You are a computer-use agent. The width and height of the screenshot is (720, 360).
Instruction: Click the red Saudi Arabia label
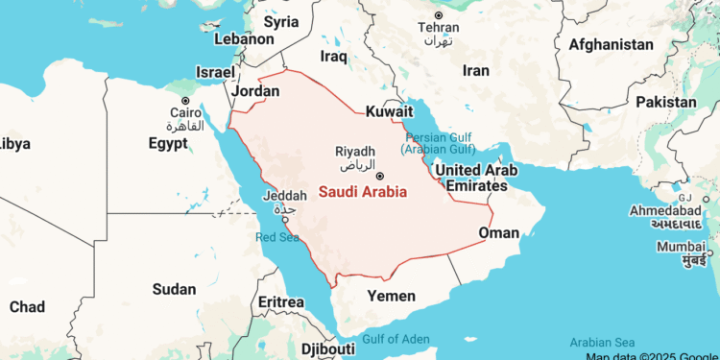[362, 192]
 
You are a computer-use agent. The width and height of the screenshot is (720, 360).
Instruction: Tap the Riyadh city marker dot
[380, 176]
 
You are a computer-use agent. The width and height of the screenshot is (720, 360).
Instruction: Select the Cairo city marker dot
[185, 101]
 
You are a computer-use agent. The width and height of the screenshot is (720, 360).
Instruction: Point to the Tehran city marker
[439, 15]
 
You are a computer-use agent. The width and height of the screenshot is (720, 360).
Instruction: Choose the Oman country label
[499, 232]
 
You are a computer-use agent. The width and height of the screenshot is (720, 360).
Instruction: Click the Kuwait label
[389, 112]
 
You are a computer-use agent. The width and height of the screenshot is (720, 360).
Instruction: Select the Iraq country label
[333, 57]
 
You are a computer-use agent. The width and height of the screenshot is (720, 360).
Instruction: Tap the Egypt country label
[168, 143]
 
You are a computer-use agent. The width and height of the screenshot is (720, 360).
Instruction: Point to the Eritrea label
[281, 302]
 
